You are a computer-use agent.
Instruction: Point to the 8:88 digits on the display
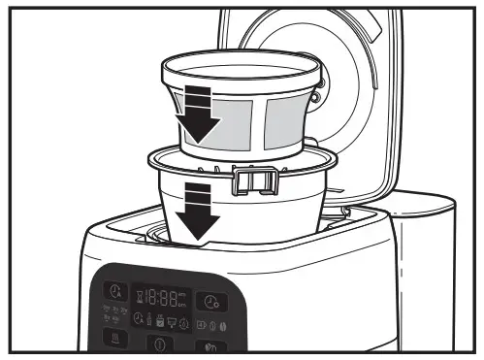tap(159, 297)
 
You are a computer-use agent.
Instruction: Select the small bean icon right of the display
tap(224, 324)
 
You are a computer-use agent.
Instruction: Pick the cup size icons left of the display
tap(112, 316)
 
